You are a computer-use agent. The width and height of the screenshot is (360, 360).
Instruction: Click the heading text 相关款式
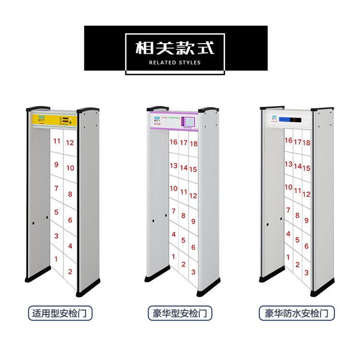click(175, 48)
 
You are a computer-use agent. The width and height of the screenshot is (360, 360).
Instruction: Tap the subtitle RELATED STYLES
click(175, 62)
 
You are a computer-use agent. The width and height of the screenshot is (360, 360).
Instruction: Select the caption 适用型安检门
click(60, 314)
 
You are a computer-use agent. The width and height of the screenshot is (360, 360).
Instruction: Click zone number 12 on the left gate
click(70, 143)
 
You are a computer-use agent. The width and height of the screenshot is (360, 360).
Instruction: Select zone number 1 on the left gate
click(56, 259)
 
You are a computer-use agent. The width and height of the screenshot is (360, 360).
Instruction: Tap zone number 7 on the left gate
click(56, 189)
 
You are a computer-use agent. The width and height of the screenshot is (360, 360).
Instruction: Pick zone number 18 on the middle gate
click(193, 144)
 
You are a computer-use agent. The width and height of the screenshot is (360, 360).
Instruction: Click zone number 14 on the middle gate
click(184, 168)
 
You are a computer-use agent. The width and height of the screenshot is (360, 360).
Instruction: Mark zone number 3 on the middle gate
click(193, 272)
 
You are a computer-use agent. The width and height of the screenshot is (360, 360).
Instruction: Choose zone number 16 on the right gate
click(288, 140)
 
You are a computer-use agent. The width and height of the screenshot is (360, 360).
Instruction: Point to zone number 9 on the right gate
click(306, 220)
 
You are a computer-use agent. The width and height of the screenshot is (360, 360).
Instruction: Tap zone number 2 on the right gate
click(298, 264)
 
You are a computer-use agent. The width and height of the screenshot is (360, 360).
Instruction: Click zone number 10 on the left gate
click(70, 168)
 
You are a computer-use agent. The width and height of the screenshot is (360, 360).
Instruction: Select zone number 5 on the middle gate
click(183, 240)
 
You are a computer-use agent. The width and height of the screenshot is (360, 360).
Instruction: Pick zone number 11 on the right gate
click(298, 191)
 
